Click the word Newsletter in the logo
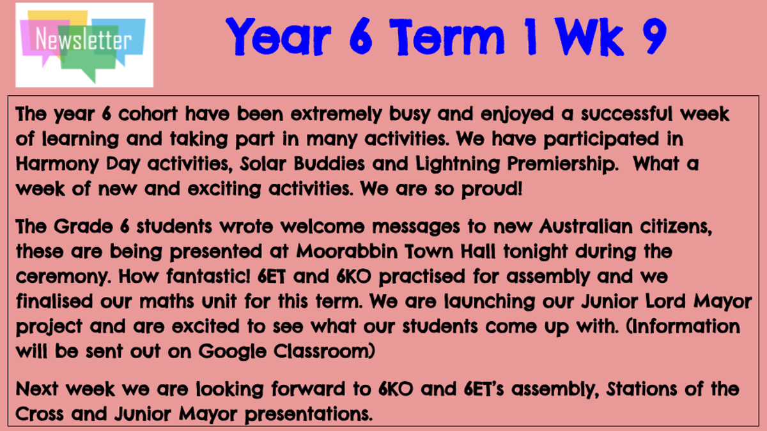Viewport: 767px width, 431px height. (83, 39)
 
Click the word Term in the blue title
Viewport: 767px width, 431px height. (446, 37)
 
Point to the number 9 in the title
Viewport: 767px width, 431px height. (655, 36)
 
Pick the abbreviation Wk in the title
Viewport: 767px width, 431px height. (588, 36)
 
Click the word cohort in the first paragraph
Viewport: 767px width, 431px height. (148, 114)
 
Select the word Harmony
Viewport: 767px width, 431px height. (57, 165)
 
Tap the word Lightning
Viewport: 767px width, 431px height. (458, 165)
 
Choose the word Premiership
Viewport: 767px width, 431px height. (562, 165)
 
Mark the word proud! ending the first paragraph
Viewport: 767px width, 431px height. (492, 190)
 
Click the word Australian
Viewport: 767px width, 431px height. (586, 227)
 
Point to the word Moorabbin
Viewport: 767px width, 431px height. (346, 252)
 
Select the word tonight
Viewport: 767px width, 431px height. (536, 252)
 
